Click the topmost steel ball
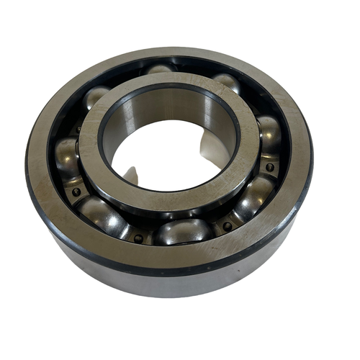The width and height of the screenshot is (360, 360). coord(160,69)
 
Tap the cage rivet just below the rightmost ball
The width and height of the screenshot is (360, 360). coord(269,167)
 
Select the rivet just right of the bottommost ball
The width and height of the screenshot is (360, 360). coord(228,226)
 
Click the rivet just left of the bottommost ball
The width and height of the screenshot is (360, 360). coord(138,238)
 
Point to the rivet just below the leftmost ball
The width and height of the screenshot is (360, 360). coord(76,192)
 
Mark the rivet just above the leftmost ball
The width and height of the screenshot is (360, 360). coord(77,130)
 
